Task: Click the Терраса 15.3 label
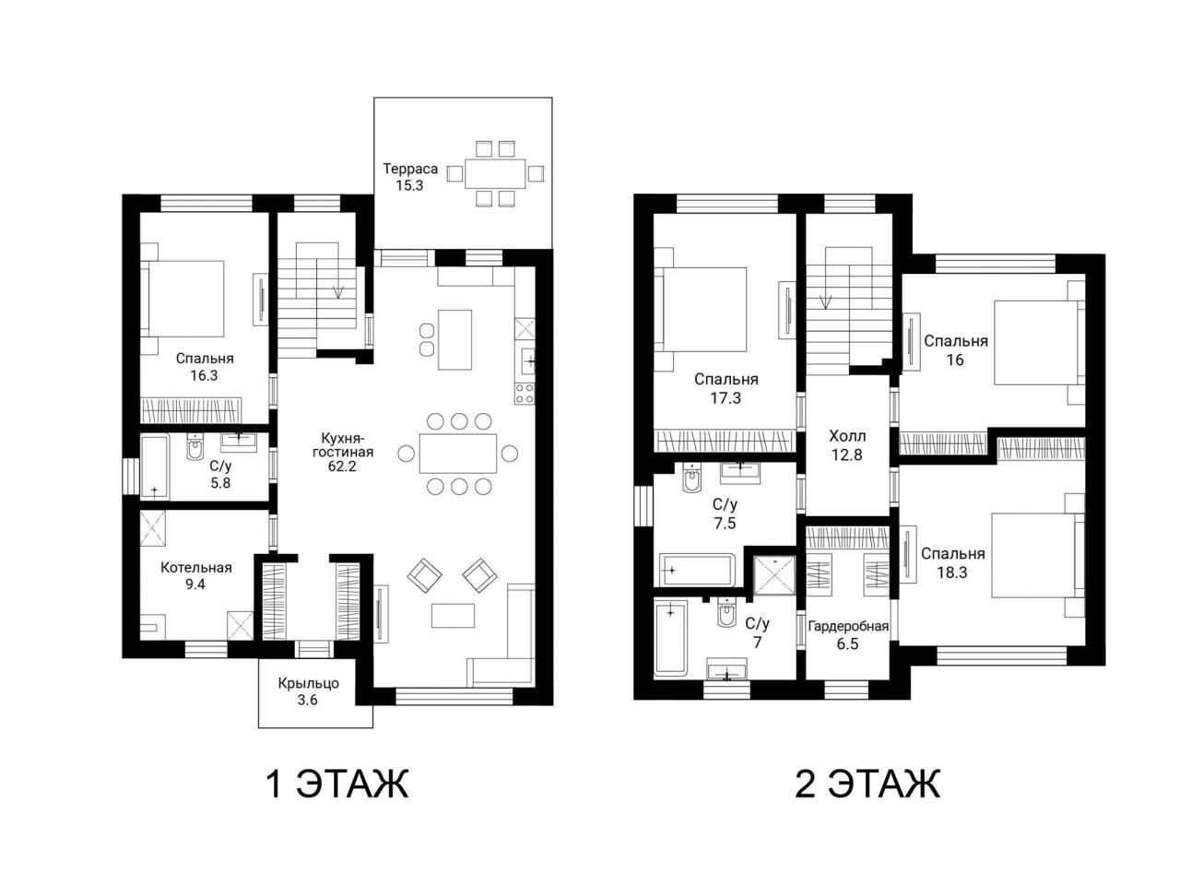pos(409,177)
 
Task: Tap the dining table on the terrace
pos(495,173)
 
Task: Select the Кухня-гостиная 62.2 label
pos(342,452)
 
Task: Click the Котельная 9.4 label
pos(195,575)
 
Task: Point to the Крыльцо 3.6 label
pos(308,691)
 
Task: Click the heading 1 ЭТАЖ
pos(337,784)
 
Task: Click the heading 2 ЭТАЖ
pos(867,784)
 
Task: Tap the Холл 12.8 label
pos(846,445)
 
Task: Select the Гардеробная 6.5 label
pos(848,634)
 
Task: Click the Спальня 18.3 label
pos(952,562)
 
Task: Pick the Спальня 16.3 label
pos(205,367)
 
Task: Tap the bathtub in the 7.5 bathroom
pos(694,570)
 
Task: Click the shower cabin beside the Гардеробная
pos(773,575)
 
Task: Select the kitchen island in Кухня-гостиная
pos(454,339)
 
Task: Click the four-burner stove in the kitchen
pos(525,394)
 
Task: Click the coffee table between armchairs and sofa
pos(453,615)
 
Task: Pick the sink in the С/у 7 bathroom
pos(726,668)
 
